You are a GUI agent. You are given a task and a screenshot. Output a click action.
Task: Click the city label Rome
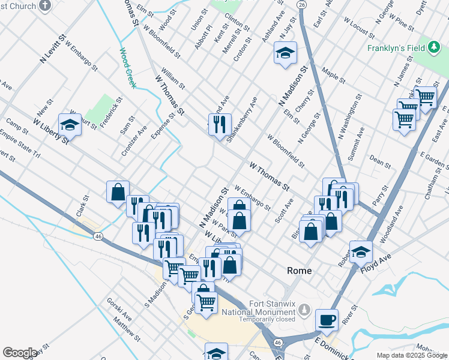point(299,271)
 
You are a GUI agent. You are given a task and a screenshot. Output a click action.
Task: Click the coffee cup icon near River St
point(327,320)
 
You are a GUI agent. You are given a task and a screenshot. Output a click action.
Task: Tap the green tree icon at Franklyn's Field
point(433,48)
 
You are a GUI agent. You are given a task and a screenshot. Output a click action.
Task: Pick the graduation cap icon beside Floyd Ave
point(361,251)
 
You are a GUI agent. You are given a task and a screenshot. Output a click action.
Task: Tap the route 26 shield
point(301,4)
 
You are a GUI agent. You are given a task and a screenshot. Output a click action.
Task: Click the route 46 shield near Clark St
point(97,236)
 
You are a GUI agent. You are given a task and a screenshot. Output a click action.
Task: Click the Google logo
point(20,353)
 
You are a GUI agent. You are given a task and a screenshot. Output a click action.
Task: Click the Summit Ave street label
point(356,144)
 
